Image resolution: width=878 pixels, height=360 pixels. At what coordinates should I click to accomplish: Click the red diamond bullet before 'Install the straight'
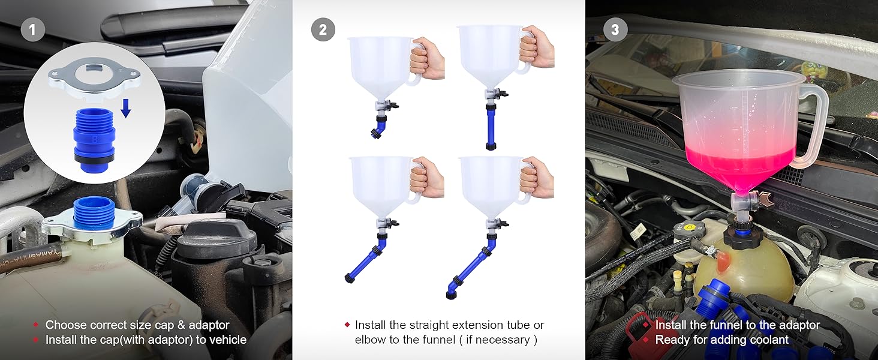pos(347,325)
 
